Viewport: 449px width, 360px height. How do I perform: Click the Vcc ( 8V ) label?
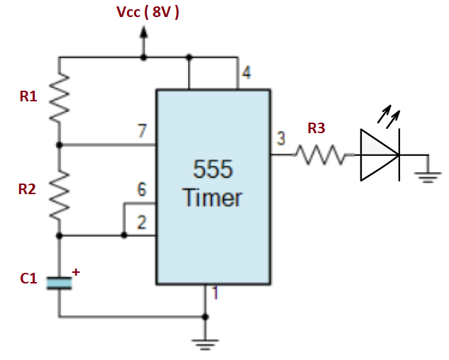(147, 12)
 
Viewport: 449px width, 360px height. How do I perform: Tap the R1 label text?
(28, 97)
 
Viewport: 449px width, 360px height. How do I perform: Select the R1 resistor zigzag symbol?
(59, 99)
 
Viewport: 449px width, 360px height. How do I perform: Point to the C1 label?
(28, 279)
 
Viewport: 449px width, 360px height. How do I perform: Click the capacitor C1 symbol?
(59, 283)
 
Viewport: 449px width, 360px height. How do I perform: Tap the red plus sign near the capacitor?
(76, 271)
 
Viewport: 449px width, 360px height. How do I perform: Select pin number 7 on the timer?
(142, 132)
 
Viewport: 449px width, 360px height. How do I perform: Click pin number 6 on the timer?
(142, 189)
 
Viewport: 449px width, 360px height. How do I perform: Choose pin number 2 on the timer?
(142, 223)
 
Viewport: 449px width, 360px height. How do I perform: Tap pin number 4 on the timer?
(245, 72)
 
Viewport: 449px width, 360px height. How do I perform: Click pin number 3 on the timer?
(281, 139)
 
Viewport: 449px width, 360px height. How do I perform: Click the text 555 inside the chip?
(213, 170)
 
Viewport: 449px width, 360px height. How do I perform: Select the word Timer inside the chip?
(213, 198)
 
